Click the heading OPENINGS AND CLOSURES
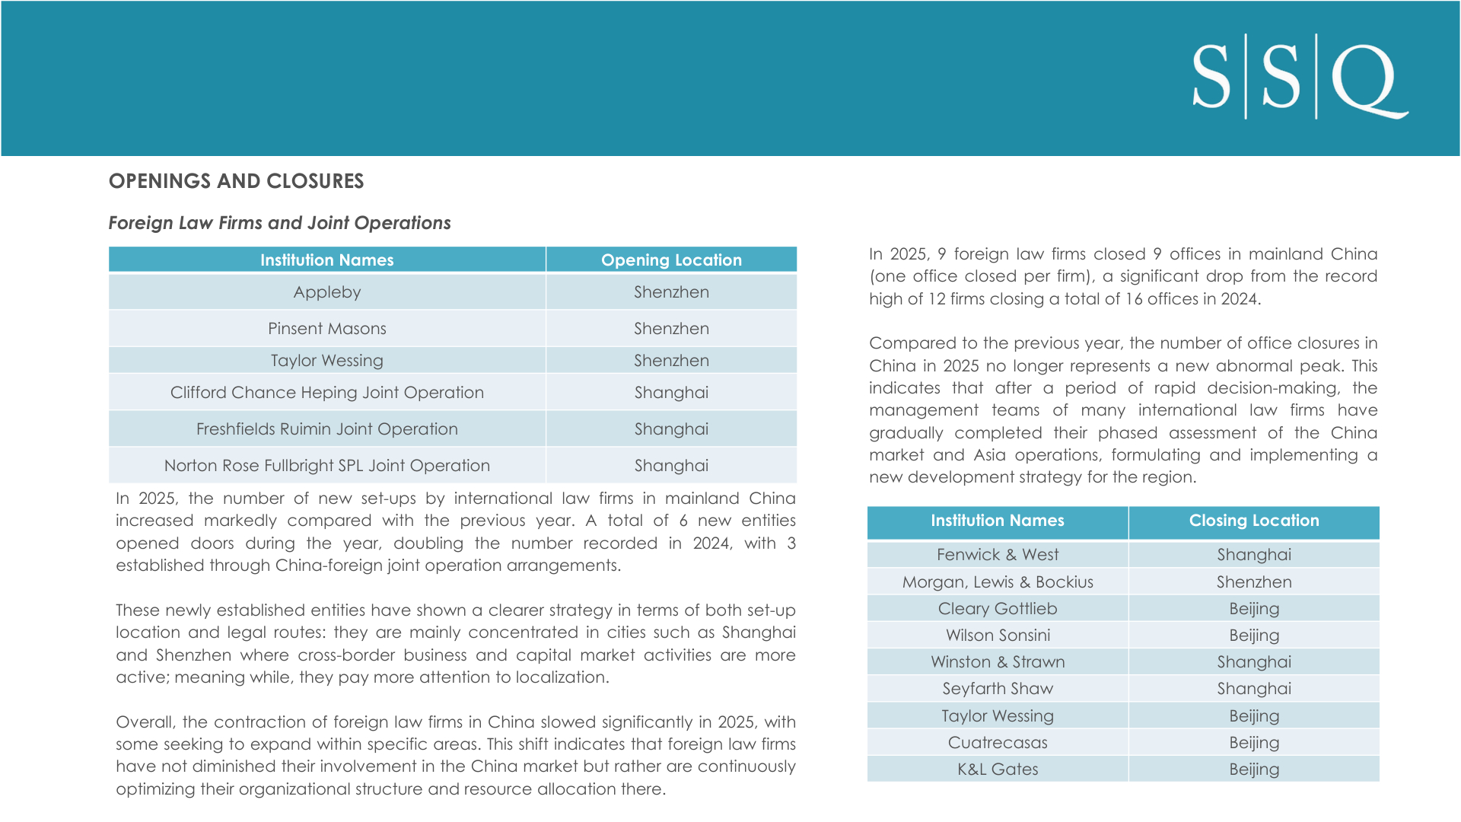pyautogui.click(x=236, y=181)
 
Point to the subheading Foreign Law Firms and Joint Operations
pyautogui.click(x=279, y=223)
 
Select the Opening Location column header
pyautogui.click(x=671, y=260)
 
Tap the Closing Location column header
pyautogui.click(x=1253, y=521)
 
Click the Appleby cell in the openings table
pyautogui.click(x=327, y=292)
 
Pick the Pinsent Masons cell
pyautogui.click(x=327, y=329)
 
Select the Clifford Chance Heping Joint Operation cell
pyautogui.click(x=327, y=393)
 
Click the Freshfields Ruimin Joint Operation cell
pyautogui.click(x=327, y=429)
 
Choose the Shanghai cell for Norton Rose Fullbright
pyautogui.click(x=671, y=466)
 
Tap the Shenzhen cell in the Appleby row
pyautogui.click(x=671, y=292)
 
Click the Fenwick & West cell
pyautogui.click(x=998, y=555)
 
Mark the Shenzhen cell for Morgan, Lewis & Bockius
pyautogui.click(x=1253, y=582)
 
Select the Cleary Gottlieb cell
pyautogui.click(x=998, y=609)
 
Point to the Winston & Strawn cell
pyautogui.click(x=998, y=662)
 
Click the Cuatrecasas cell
pyautogui.click(x=998, y=743)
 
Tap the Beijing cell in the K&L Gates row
pyautogui.click(x=1253, y=769)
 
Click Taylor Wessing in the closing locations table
pyautogui.click(x=998, y=716)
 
